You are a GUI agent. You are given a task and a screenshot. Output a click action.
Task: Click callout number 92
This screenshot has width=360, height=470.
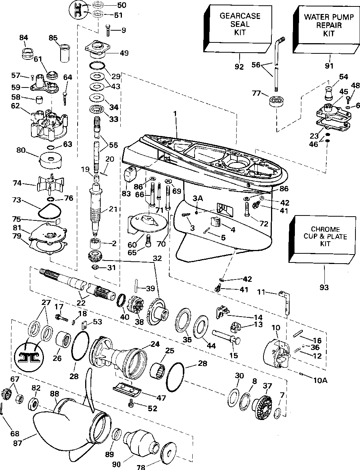pyautogui.click(x=239, y=67)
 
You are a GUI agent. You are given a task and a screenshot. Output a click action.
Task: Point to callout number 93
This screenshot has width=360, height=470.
pyautogui.click(x=324, y=287)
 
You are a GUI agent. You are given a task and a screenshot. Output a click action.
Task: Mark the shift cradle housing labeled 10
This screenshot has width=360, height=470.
pyautogui.click(x=275, y=352)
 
